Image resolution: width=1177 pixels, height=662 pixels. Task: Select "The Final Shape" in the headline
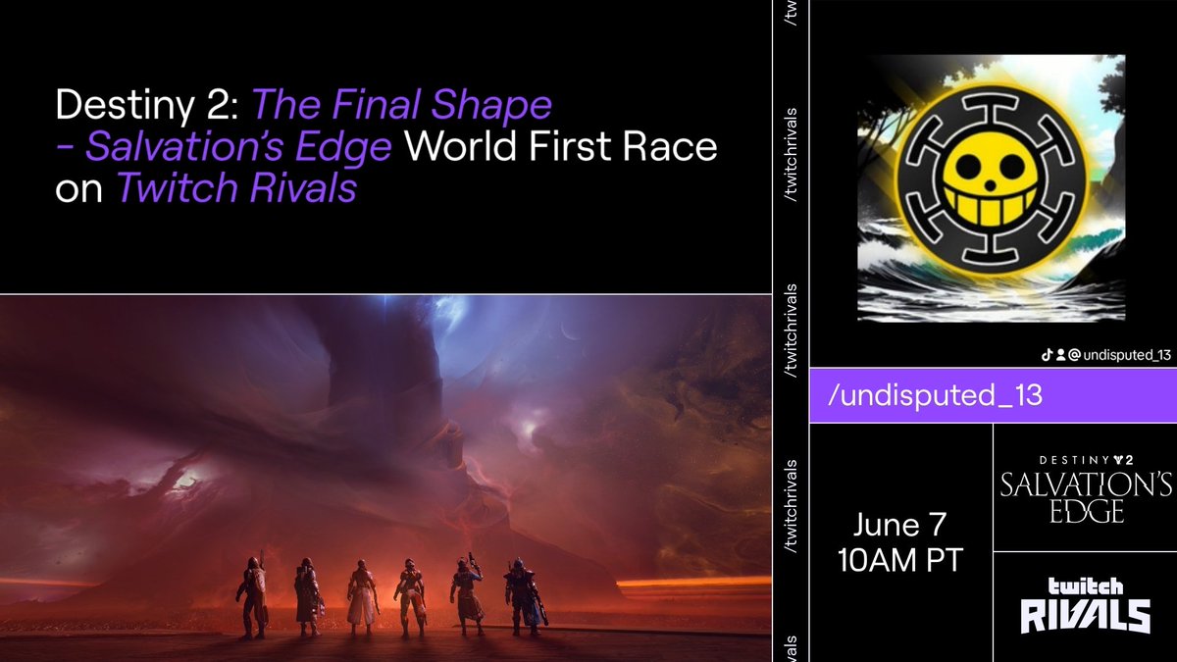coord(403,104)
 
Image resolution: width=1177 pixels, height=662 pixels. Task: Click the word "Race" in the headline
coord(666,146)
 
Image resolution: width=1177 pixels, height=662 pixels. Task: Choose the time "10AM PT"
coord(899,561)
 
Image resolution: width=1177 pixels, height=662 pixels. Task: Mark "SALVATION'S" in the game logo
coord(1084,484)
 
